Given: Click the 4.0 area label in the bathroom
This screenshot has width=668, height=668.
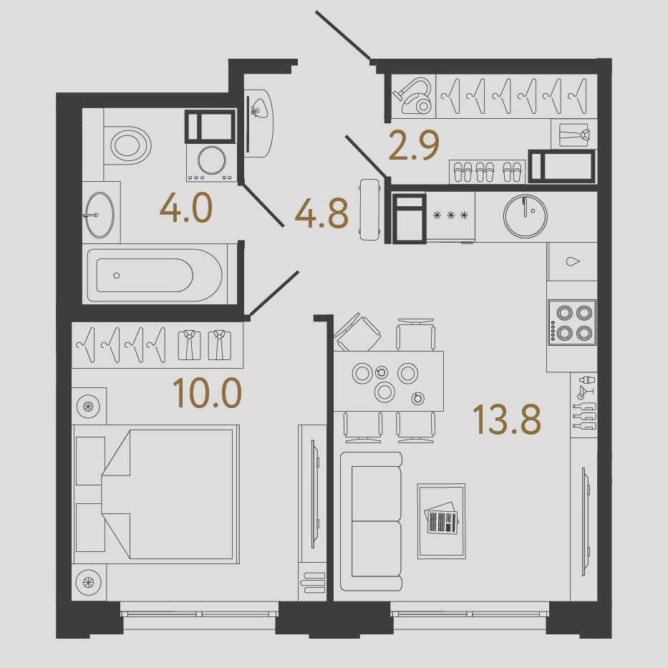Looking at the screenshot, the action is pos(186,208).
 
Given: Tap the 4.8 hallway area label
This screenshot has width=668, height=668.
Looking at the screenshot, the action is pos(321,213).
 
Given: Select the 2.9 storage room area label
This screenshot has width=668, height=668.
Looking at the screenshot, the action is pos(414,145).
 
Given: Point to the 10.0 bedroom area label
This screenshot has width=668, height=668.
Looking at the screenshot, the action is pos(208,393).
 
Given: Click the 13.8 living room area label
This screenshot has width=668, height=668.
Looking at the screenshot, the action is pos(506,419).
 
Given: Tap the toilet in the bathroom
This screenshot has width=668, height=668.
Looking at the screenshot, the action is pos(128,145).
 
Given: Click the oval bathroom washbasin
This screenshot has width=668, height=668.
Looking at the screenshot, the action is pos(100,215).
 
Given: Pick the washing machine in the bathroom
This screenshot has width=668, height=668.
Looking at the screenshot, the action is pos(212,163).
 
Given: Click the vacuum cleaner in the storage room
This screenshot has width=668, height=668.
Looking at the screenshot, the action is pos(413,96).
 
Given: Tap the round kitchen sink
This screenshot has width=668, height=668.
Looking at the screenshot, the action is pos(526,216).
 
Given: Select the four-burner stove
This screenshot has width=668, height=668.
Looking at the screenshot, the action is pos(572,323).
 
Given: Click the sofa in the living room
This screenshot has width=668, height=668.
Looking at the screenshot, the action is pos(372,521).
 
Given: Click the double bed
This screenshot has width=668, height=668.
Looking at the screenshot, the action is pos(156,494).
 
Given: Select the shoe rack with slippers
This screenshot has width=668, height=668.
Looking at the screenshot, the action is pos(488,172).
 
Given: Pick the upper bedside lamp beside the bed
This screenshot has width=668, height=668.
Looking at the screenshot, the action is pos(89,405).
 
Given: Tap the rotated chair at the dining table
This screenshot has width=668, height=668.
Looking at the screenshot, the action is pos(357,333).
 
